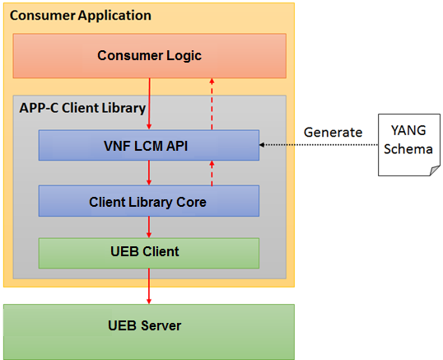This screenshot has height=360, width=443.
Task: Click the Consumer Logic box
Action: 150,56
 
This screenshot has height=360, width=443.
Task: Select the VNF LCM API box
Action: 149,145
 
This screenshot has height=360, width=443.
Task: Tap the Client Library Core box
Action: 149,201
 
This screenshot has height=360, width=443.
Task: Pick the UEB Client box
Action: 149,253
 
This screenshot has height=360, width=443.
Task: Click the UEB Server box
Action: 149,332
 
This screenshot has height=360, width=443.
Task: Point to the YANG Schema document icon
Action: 409,145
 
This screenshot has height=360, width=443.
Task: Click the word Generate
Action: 333,133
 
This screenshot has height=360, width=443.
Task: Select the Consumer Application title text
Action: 81,16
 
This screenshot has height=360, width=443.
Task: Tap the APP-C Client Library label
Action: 82,108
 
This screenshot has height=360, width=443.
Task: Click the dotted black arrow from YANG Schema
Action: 319,145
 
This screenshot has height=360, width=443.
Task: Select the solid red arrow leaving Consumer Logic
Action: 149,104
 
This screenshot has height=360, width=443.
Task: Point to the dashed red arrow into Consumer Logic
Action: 212,104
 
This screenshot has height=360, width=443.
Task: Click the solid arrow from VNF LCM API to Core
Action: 149,173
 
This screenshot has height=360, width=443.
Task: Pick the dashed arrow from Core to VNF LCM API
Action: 212,173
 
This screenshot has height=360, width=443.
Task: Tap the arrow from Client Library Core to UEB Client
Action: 149,227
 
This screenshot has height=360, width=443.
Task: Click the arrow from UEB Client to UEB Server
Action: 149,286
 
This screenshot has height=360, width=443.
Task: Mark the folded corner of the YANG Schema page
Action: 435,171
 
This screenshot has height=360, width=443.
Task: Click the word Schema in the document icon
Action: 408,149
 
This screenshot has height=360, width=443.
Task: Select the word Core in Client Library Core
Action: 191,202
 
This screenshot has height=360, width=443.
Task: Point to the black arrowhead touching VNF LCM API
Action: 262,145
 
